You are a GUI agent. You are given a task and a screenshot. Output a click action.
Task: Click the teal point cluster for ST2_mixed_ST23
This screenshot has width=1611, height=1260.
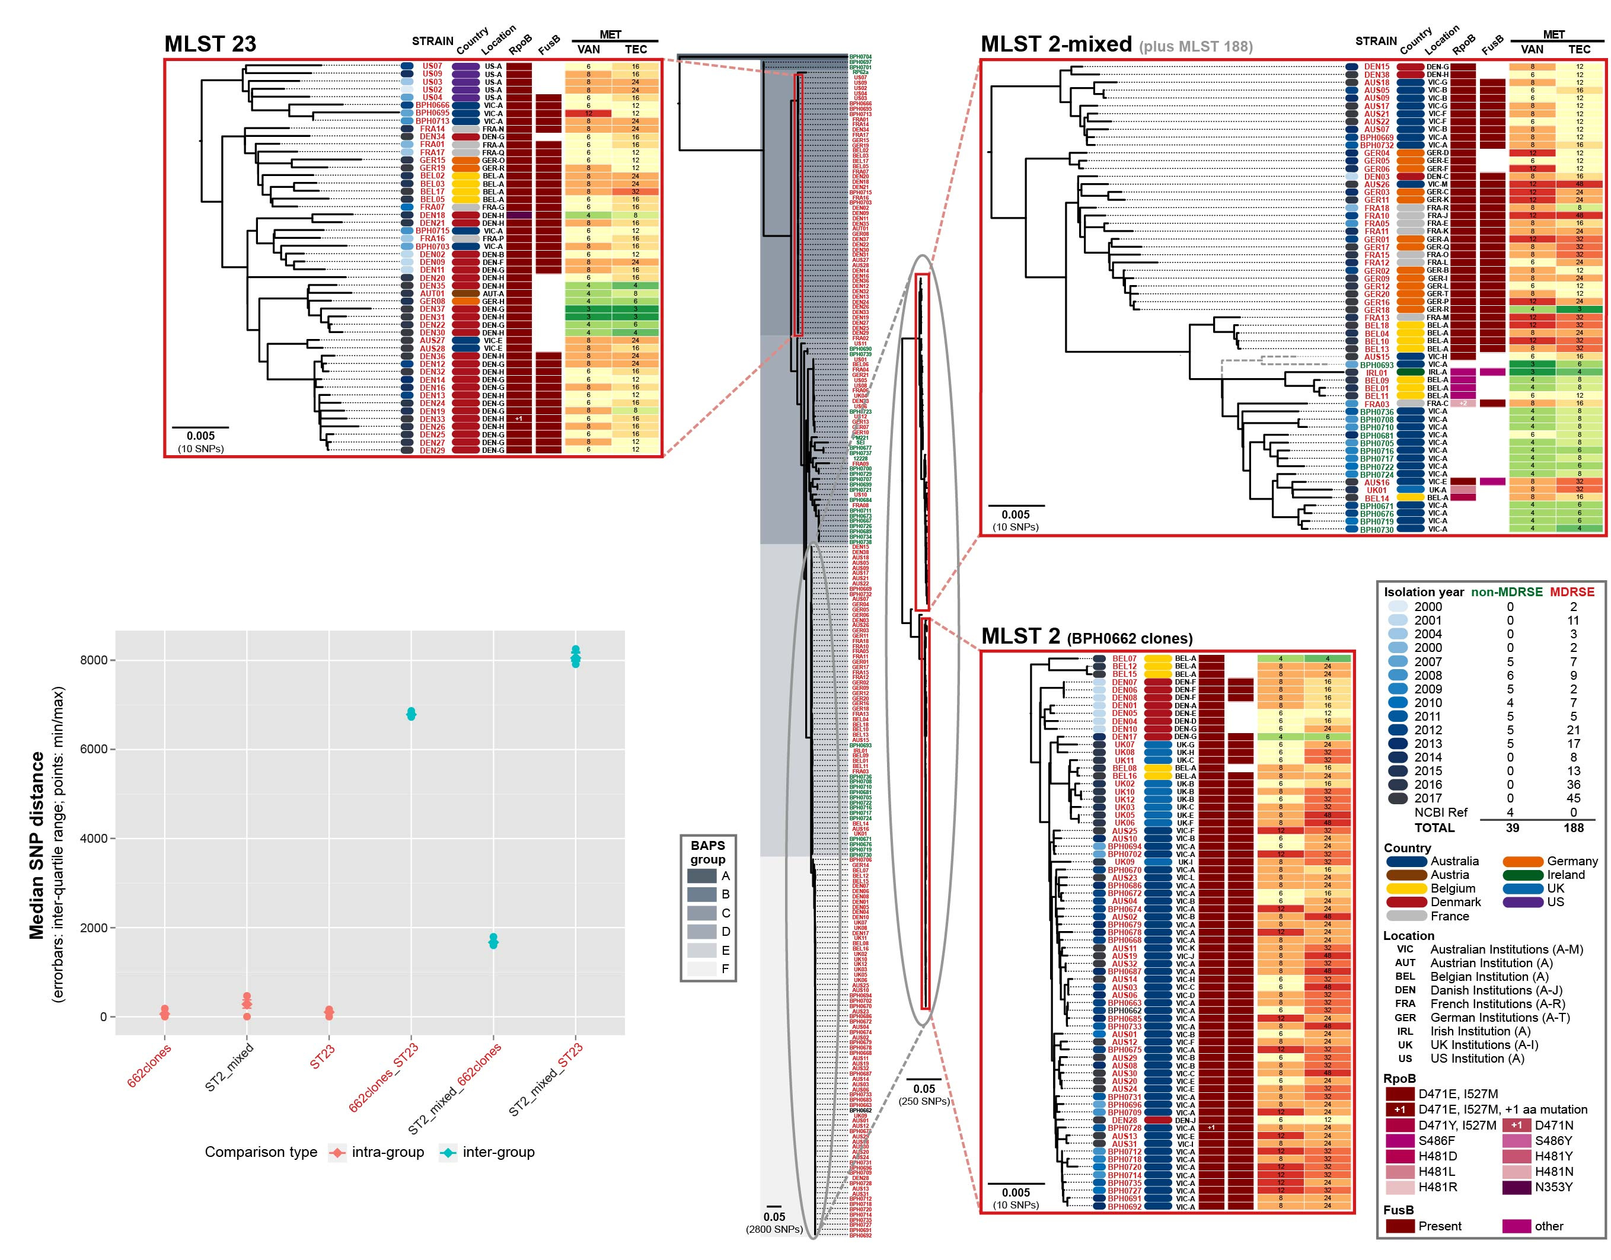tap(576, 657)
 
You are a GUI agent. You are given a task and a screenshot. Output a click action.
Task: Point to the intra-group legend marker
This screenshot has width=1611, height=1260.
tap(337, 1152)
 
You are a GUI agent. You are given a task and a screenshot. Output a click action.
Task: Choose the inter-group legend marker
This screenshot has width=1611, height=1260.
tap(448, 1152)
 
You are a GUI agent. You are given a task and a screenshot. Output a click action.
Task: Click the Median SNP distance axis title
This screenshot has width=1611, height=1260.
tap(37, 845)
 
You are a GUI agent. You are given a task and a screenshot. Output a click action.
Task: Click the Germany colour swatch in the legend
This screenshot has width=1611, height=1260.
tap(1523, 862)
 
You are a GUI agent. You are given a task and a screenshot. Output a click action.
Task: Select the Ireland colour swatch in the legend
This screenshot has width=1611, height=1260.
tap(1523, 875)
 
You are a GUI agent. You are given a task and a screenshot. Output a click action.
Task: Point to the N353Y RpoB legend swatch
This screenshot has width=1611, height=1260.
tap(1517, 1188)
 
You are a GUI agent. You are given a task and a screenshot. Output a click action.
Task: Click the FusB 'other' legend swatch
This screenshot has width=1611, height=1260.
tap(1517, 1226)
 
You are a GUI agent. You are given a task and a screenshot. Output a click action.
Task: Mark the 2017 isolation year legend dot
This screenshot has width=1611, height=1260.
tap(1398, 798)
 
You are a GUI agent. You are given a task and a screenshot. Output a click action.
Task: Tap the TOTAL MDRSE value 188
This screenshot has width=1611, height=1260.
tap(1574, 828)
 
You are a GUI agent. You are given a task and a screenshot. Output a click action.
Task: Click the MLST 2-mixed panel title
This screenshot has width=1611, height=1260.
tap(1055, 44)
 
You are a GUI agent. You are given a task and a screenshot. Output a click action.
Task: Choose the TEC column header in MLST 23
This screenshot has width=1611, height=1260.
tap(636, 49)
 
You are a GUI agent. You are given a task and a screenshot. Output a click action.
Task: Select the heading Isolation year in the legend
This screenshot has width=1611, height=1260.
tap(1424, 591)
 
